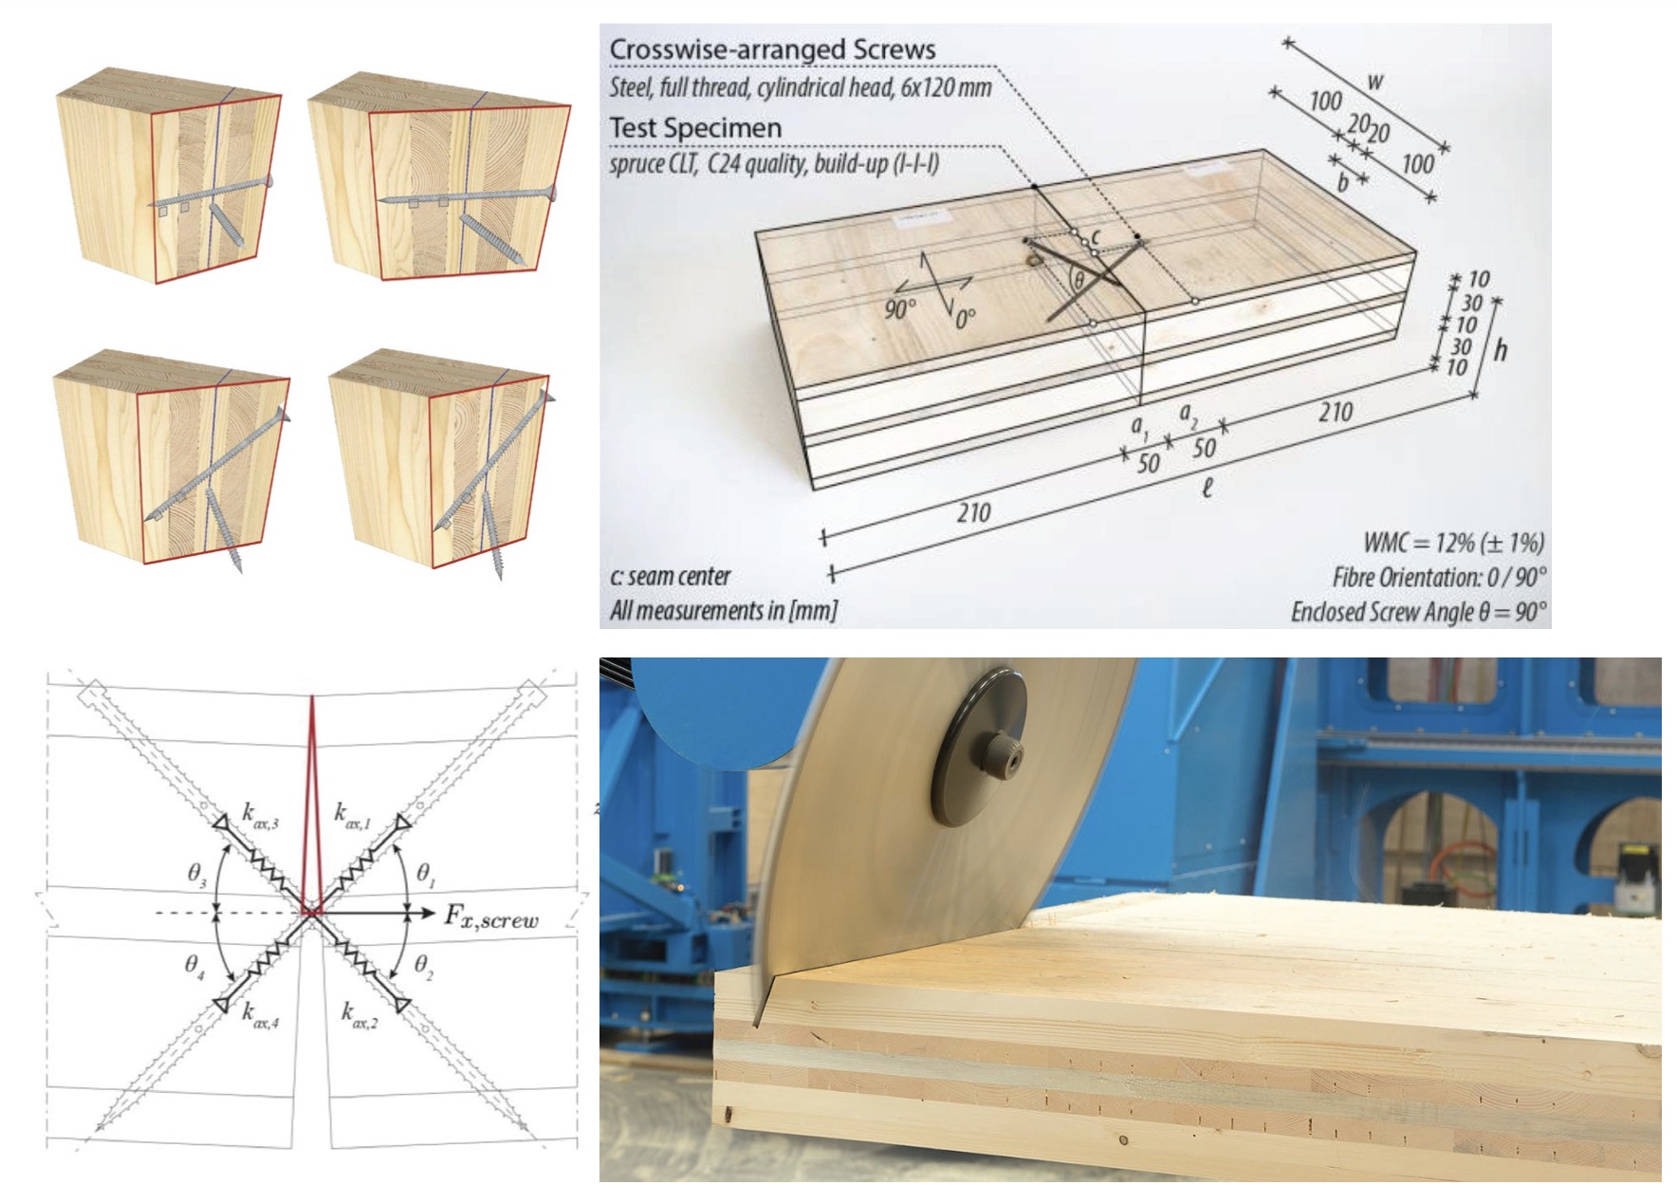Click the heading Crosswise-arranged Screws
(x=771, y=49)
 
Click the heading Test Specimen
(x=694, y=128)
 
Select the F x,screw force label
(x=491, y=917)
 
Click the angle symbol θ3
(x=197, y=874)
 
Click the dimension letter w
(x=1374, y=82)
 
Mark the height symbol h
(x=1500, y=349)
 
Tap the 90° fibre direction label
(x=900, y=309)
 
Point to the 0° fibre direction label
(x=965, y=319)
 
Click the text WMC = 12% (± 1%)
(x=1453, y=543)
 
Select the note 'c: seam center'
(x=670, y=576)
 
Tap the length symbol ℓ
(x=1207, y=490)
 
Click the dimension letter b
(x=1341, y=182)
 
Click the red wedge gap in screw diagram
(x=311, y=806)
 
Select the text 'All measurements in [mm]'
(x=723, y=609)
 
